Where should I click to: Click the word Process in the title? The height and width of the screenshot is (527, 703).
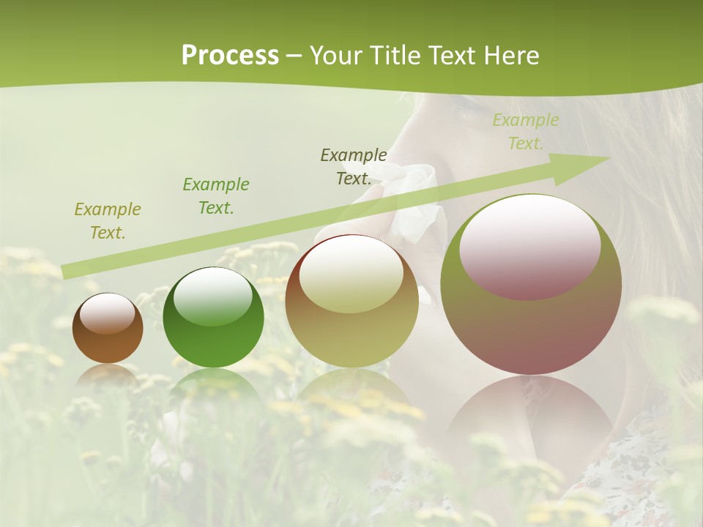230,56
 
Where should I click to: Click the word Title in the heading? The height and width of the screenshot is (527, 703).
393,56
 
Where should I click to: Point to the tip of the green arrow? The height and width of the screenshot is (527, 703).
608,158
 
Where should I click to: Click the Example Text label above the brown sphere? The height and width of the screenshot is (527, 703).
108,221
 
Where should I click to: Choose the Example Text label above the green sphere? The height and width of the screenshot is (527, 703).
215,196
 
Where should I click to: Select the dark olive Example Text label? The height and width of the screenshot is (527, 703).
354,166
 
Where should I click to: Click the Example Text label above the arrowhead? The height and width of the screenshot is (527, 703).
525,132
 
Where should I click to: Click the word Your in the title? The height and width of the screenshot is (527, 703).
334,56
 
